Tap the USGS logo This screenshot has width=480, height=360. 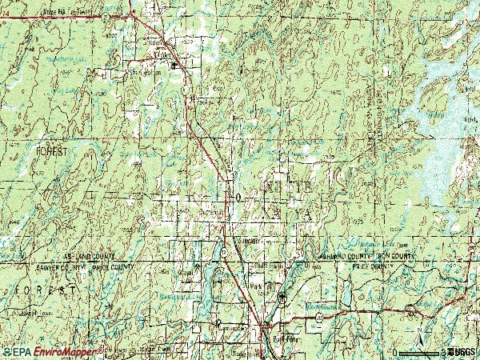coord(462,351)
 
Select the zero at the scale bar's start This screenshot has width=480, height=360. coord(394,351)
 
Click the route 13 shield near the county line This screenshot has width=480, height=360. coord(226,251)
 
